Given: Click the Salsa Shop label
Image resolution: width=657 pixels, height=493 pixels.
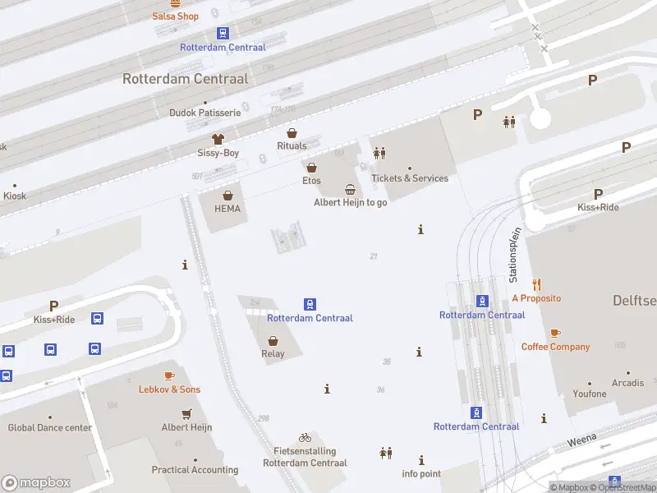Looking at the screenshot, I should (x=175, y=16).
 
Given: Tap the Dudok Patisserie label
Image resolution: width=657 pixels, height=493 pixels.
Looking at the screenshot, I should (x=204, y=113).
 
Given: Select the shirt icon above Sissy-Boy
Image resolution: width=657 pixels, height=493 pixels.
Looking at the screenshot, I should (x=218, y=139).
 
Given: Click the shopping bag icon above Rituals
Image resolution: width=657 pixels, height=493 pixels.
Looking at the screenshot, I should (x=292, y=133).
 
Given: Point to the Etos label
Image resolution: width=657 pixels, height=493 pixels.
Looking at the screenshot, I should (x=311, y=181).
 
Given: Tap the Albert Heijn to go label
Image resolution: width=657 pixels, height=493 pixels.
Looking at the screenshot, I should (x=350, y=202).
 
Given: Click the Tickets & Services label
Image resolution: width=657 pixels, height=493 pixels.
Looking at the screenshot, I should (x=410, y=178).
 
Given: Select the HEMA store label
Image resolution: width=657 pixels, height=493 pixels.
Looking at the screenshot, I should (x=227, y=209).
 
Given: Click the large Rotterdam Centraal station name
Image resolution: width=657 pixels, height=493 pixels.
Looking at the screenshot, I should (x=186, y=79).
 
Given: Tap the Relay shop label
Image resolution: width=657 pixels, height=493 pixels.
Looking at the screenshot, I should (x=273, y=354).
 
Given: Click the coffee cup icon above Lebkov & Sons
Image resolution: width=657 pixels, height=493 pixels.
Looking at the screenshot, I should (x=169, y=376).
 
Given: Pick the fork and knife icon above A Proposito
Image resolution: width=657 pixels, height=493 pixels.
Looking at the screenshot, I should (x=536, y=284).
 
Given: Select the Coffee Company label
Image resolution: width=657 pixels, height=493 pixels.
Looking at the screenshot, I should (x=555, y=347).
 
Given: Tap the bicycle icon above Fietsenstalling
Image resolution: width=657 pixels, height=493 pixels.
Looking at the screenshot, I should (x=305, y=437).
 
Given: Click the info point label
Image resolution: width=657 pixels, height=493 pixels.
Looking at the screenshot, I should (x=421, y=474).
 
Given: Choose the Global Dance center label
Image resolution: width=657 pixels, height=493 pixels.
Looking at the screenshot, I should (x=49, y=427).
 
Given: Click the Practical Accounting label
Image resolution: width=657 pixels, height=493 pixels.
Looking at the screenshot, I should (x=195, y=470).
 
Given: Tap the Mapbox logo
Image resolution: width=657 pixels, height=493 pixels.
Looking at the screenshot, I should (x=36, y=483).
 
